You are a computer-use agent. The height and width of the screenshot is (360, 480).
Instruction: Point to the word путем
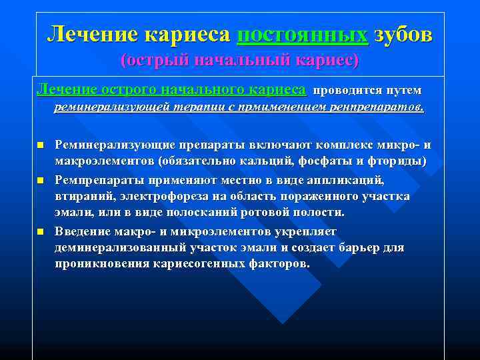click(403, 90)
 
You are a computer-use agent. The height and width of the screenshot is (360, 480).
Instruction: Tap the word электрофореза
click(159, 197)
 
